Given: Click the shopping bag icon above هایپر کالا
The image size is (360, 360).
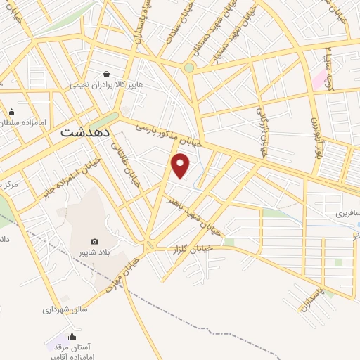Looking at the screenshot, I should (x=105, y=73).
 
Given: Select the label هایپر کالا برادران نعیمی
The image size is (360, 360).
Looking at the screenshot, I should (x=105, y=84).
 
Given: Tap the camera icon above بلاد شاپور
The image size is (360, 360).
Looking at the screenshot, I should (x=95, y=242).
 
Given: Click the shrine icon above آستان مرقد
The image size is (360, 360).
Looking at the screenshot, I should (x=71, y=336).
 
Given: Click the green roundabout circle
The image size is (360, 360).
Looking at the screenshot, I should (x=188, y=68).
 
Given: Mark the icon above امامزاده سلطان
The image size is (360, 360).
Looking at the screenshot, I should (x=11, y=112).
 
